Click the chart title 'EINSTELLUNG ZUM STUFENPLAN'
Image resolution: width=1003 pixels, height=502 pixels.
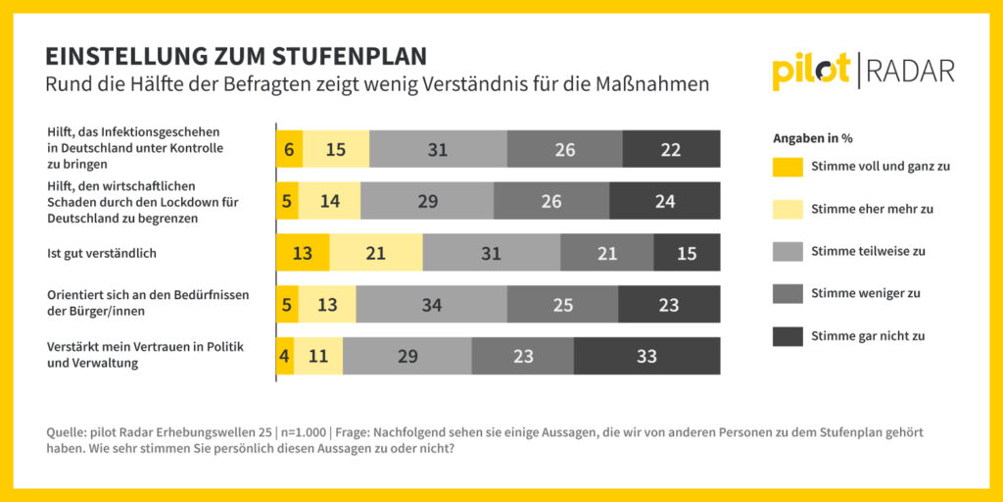coord(236,55)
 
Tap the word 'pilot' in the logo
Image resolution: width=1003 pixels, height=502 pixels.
coord(810,72)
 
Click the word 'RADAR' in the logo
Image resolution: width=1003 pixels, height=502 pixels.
coord(909,72)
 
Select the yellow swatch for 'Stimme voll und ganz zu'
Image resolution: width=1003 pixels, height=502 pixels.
coord(788,166)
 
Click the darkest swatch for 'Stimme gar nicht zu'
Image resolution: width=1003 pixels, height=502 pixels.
coord(788,335)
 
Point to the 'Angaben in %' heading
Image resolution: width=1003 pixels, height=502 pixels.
coord(812,138)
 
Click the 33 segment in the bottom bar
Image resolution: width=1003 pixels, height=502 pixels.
coord(646,356)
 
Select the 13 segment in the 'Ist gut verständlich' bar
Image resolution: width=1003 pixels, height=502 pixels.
coord(303,253)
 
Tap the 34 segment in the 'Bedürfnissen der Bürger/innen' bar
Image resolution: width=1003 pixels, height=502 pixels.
coord(431,305)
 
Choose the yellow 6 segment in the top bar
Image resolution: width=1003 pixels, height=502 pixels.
coord(289,149)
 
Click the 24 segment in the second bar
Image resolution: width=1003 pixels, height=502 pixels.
coord(665,201)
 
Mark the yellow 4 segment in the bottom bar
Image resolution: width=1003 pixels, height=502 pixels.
coord(285,356)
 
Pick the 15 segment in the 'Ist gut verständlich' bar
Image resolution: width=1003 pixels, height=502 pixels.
coord(687,253)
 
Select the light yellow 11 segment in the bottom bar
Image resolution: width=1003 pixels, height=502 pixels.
coord(318,356)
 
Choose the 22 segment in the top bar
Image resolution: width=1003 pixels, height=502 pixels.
coord(671,149)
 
